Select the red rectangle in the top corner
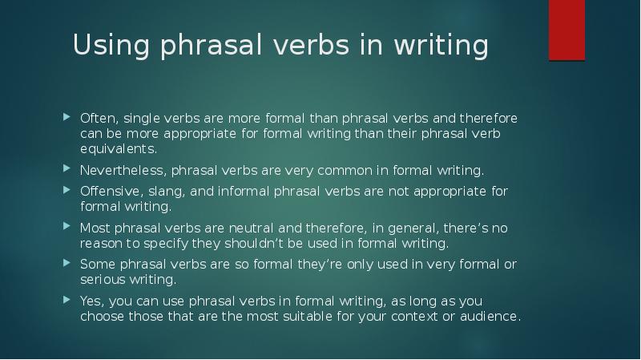(x=566, y=29)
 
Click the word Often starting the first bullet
(x=98, y=119)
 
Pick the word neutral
(x=254, y=228)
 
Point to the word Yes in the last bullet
(x=90, y=301)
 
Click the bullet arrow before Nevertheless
(x=67, y=170)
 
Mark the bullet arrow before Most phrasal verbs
(x=67, y=228)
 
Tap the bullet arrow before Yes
(x=67, y=301)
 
